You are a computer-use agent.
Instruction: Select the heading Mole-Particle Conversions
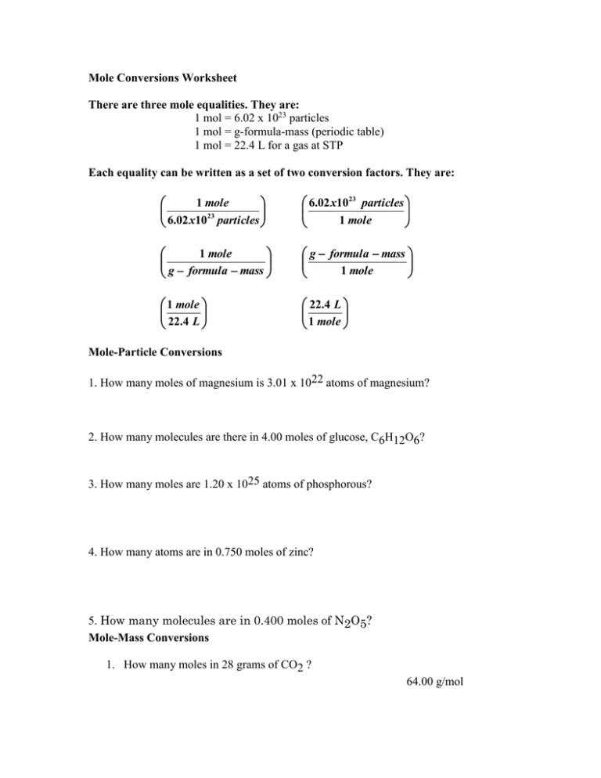155,352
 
